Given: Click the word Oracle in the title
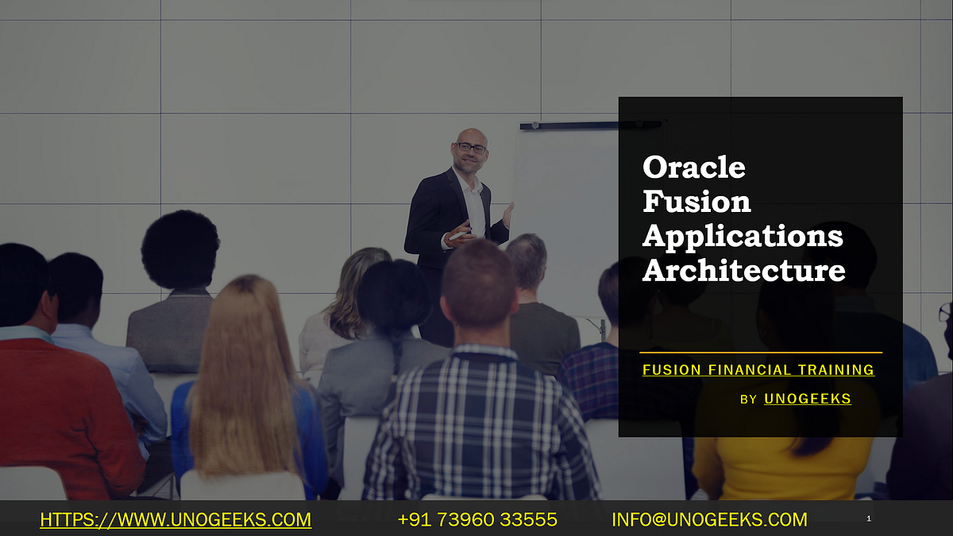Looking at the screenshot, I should tap(694, 168).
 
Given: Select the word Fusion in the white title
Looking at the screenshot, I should tap(696, 202).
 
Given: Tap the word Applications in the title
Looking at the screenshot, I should tap(743, 236).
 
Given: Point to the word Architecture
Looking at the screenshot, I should tap(743, 271).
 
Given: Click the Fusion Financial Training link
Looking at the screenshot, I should tap(758, 370).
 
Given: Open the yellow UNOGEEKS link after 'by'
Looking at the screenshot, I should tap(807, 399).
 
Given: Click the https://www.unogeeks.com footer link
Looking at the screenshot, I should tap(176, 520).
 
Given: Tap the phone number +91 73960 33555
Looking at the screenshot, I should tap(476, 520).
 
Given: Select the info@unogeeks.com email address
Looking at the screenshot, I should tap(708, 520).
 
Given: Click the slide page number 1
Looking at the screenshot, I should tap(869, 519).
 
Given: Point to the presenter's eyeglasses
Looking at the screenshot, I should tap(472, 148).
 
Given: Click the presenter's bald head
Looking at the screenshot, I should tap(472, 136).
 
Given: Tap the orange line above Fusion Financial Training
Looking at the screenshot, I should tap(760, 352).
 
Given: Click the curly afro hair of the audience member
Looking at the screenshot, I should tap(180, 248).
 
